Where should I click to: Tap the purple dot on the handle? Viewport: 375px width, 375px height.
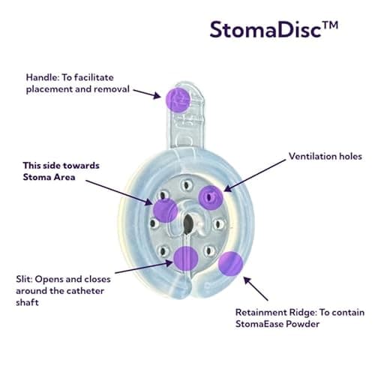(x=178, y=99)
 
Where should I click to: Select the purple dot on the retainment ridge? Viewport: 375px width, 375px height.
(x=229, y=264)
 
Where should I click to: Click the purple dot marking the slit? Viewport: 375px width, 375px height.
(x=185, y=257)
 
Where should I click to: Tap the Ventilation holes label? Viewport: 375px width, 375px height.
(x=325, y=157)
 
